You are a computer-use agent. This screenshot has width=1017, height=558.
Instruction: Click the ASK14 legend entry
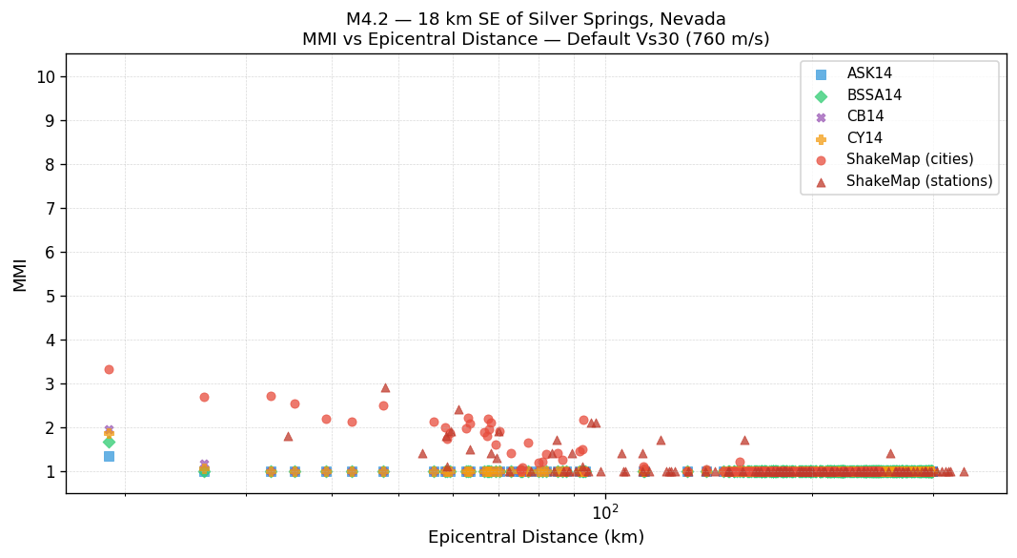click(x=869, y=73)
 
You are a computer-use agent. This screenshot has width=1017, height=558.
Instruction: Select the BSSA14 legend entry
click(x=874, y=95)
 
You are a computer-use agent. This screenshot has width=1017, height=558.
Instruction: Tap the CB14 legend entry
click(x=864, y=116)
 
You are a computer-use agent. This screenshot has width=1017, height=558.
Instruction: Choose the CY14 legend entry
click(x=864, y=138)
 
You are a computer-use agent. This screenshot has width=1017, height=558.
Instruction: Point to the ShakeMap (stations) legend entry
click(x=919, y=181)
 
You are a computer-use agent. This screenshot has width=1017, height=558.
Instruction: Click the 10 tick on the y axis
click(x=46, y=77)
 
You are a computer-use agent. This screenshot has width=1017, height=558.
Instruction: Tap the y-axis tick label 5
click(x=50, y=297)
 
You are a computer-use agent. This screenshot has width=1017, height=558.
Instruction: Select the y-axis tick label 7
click(x=50, y=209)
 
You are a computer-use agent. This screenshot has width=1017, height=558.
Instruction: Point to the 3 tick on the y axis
click(x=50, y=384)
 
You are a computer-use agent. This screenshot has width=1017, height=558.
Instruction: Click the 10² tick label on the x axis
click(x=605, y=512)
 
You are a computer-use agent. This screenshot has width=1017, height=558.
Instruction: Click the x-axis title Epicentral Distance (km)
click(x=536, y=537)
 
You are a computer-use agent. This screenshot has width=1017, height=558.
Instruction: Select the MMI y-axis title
click(x=20, y=274)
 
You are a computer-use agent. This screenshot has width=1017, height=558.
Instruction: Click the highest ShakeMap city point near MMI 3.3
click(x=109, y=369)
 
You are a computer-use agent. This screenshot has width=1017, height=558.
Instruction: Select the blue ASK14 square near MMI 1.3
click(x=109, y=456)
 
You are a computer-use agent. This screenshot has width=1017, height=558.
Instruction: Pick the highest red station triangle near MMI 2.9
click(x=385, y=387)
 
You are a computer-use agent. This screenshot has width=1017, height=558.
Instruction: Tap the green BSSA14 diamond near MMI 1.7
click(x=109, y=442)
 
